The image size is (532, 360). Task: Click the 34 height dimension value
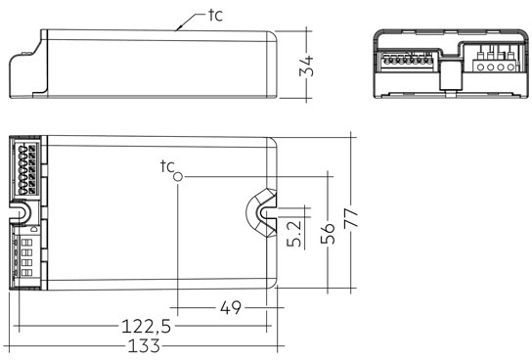point(306,66)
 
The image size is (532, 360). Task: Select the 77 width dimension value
point(351,218)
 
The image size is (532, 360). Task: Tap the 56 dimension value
point(328,234)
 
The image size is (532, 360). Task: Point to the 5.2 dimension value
point(294,233)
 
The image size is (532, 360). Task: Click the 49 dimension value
point(231,308)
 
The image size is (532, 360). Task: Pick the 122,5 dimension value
point(147,327)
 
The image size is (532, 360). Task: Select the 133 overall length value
point(144,346)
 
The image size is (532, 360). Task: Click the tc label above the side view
point(216,16)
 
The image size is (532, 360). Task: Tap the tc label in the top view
point(167,166)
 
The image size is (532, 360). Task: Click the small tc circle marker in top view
point(178,177)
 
